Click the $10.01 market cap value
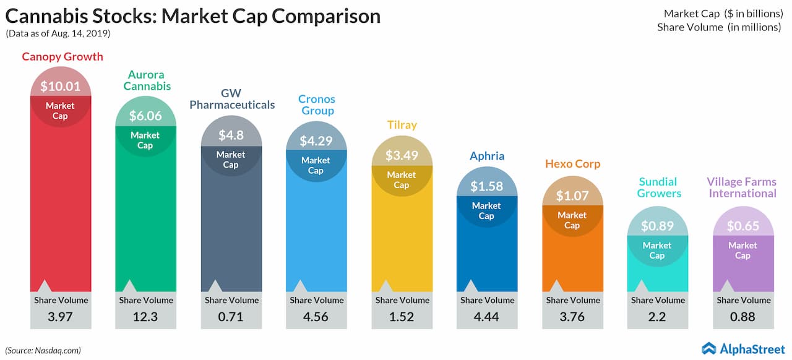click(61, 87)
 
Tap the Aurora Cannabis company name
click(146, 80)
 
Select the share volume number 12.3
click(146, 317)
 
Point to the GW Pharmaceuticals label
click(231, 99)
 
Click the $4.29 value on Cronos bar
click(316, 140)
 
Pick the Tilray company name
click(402, 124)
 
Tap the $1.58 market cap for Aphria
click(486, 186)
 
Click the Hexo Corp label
click(572, 164)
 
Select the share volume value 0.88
click(742, 317)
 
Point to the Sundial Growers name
click(657, 187)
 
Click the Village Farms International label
click(742, 187)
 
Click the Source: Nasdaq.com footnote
click(43, 350)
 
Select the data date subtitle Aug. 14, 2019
click(58, 33)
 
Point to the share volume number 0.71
click(231, 317)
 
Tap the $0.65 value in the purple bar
click(742, 226)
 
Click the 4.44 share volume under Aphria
click(486, 317)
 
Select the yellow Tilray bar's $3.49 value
click(402, 155)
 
